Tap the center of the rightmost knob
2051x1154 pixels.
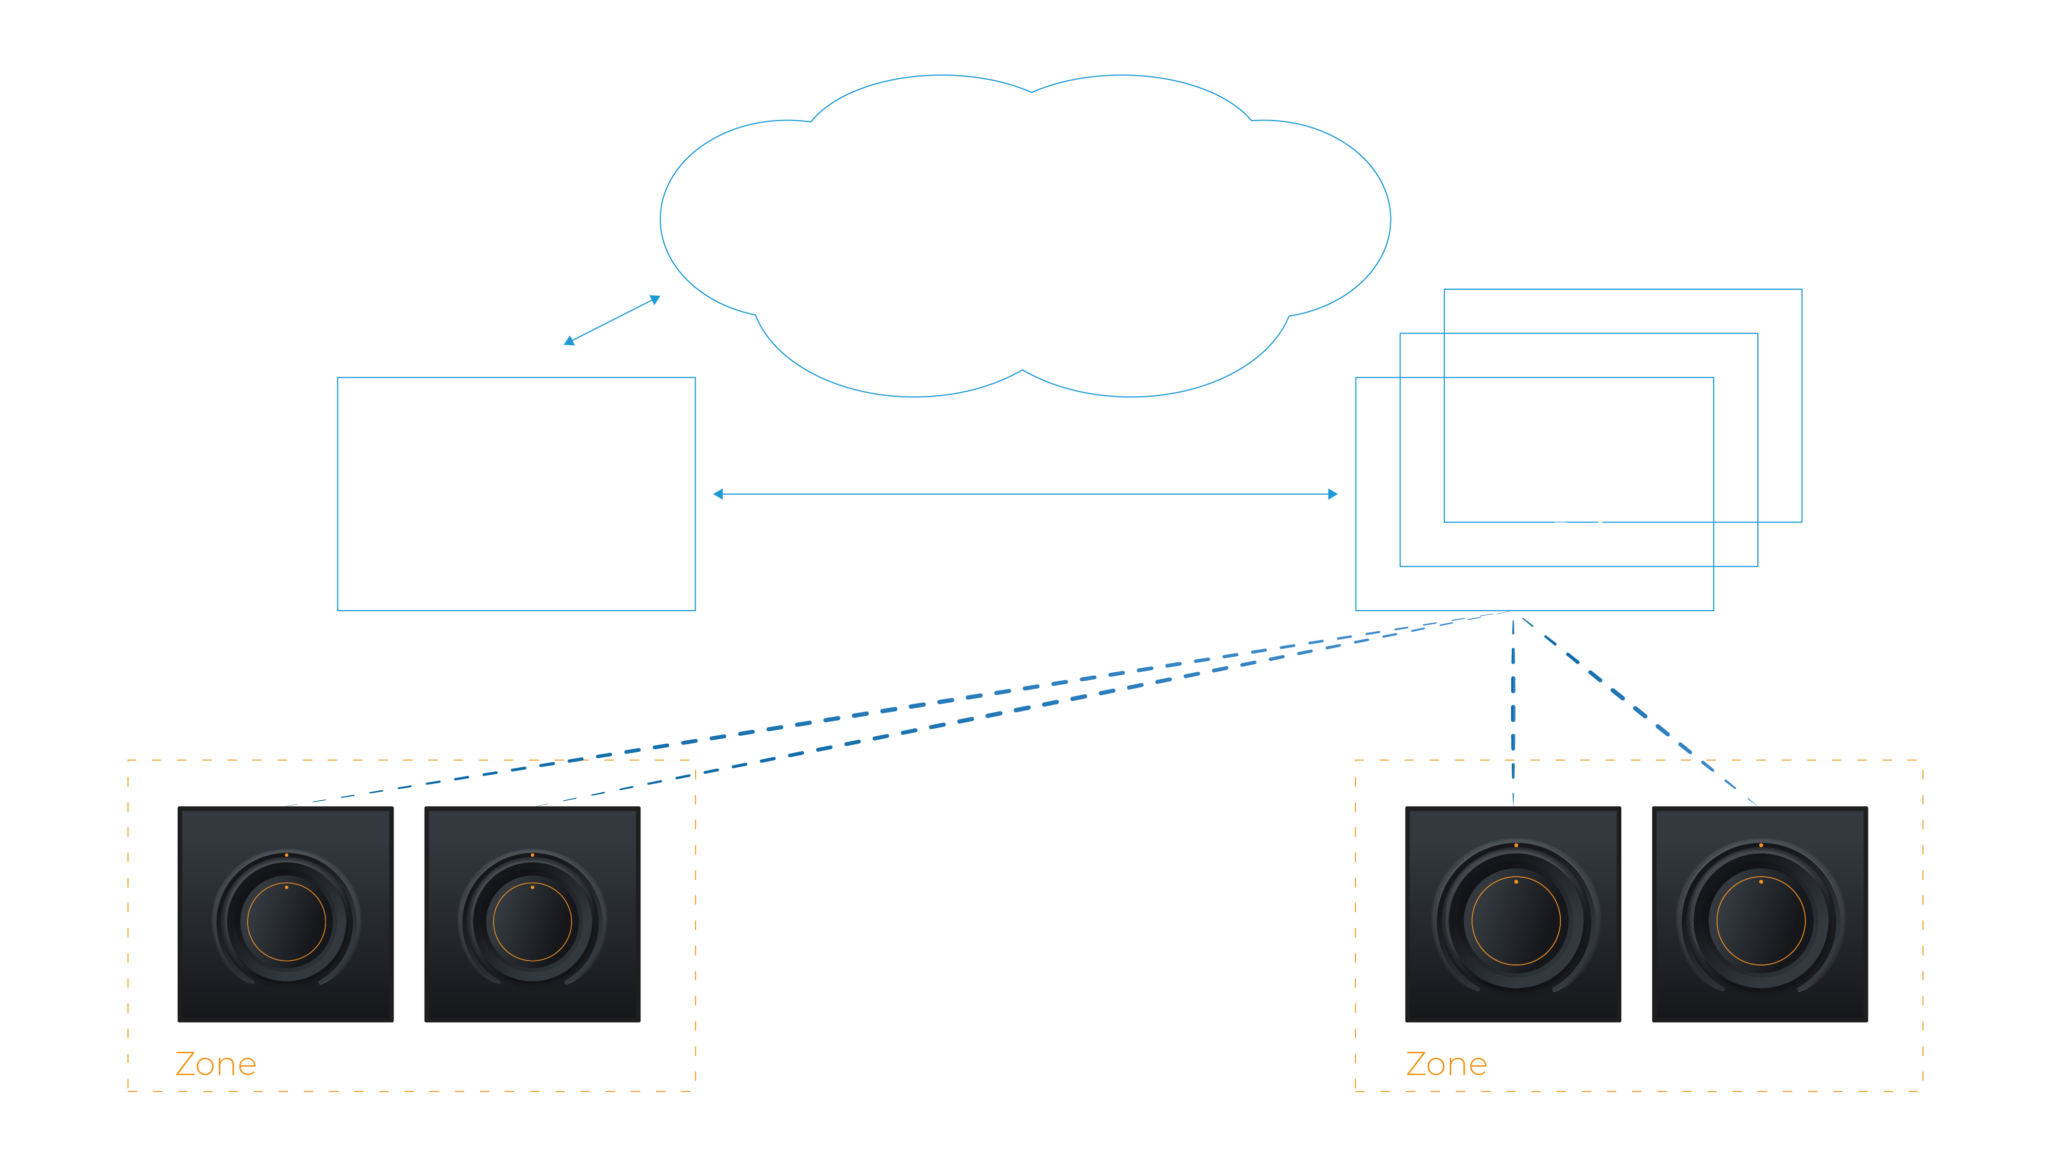click(1760, 921)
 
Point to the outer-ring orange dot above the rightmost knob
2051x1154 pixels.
click(1760, 845)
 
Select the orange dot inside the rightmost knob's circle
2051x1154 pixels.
click(1760, 882)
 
